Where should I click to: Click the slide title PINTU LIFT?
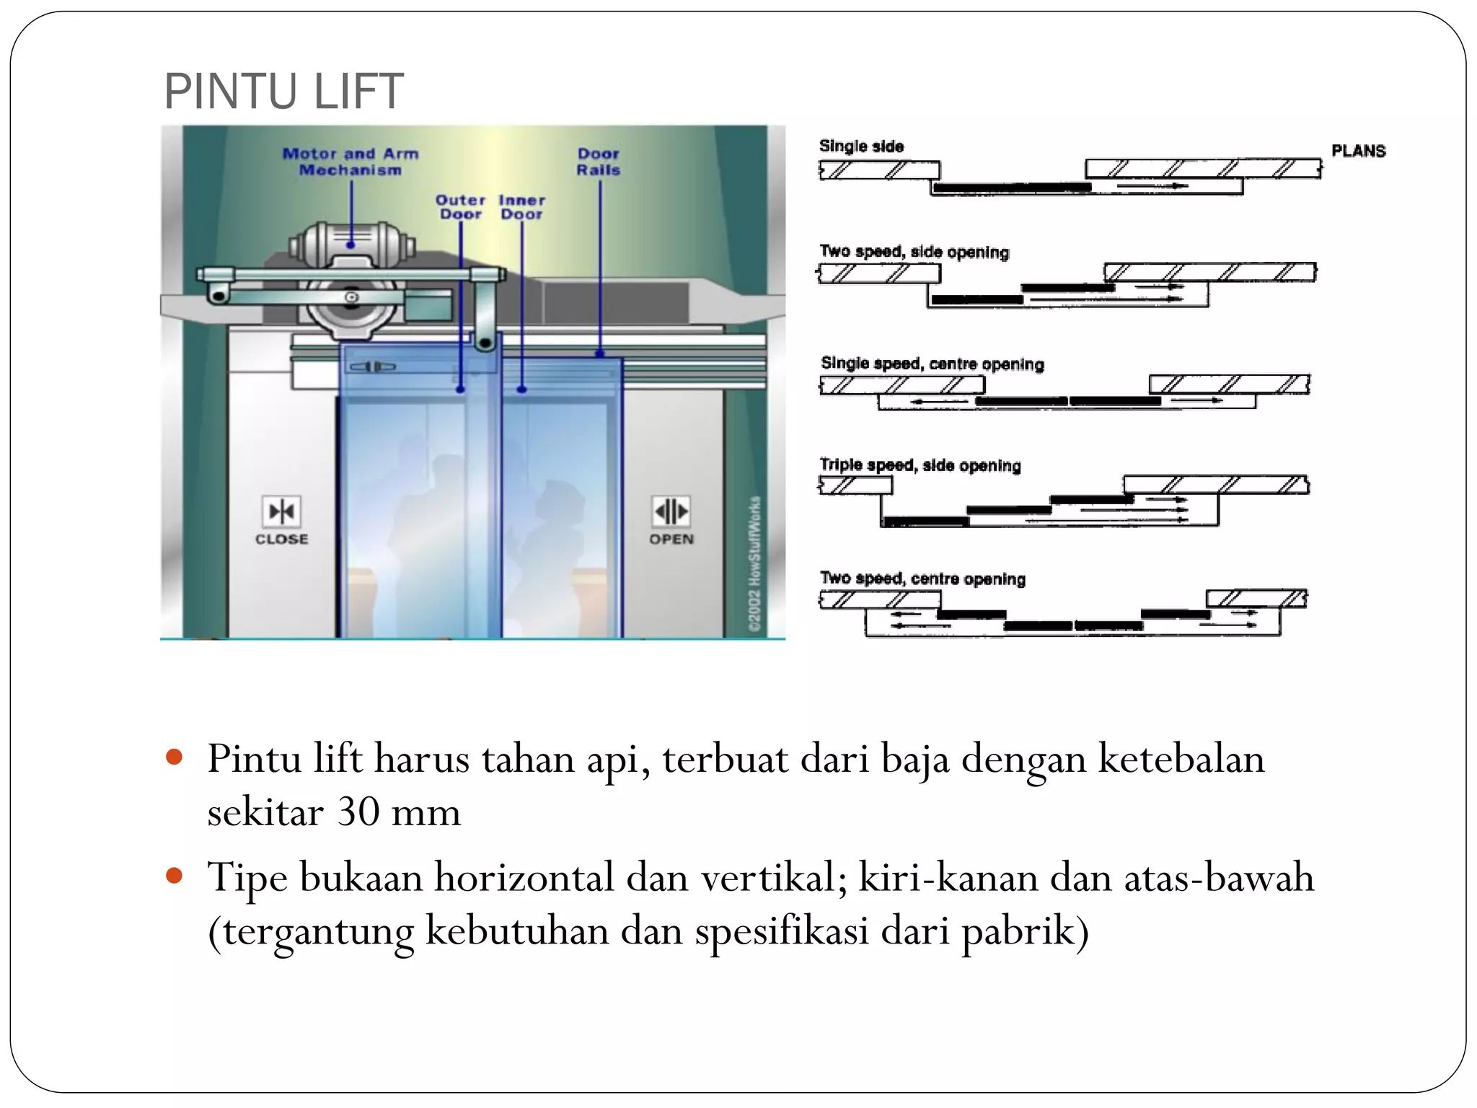point(283,92)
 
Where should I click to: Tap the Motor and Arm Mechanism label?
point(350,162)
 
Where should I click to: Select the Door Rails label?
point(599,162)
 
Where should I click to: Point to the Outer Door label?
point(460,207)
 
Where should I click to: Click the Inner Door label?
point(522,207)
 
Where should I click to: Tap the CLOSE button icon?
point(281,511)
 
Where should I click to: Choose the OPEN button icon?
point(671,511)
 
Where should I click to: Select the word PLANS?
point(1358,151)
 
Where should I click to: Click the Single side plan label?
point(861,146)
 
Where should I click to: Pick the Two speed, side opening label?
point(914,252)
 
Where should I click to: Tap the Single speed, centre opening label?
point(932,364)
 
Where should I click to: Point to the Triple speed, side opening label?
point(920,465)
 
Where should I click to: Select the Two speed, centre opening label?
point(922,579)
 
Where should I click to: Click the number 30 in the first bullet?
point(358,812)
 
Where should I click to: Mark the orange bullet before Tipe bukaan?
point(174,876)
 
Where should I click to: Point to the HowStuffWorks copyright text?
point(754,564)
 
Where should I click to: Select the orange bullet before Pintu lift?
point(174,757)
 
